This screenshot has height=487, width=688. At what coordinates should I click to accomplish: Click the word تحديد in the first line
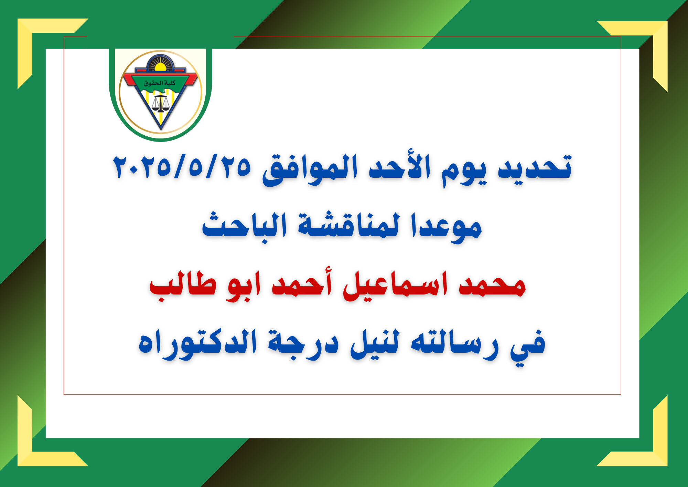[x=535, y=167]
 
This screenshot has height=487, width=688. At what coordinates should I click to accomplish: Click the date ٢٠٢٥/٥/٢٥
[x=182, y=167]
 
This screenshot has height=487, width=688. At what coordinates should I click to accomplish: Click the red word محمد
[x=492, y=286]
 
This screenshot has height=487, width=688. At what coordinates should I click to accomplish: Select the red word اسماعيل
[x=396, y=286]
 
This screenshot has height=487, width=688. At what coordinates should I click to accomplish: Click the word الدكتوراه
[x=197, y=344]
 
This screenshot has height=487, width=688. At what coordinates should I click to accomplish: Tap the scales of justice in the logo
[x=160, y=103]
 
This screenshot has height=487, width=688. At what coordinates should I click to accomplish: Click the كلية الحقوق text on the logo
[x=160, y=83]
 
